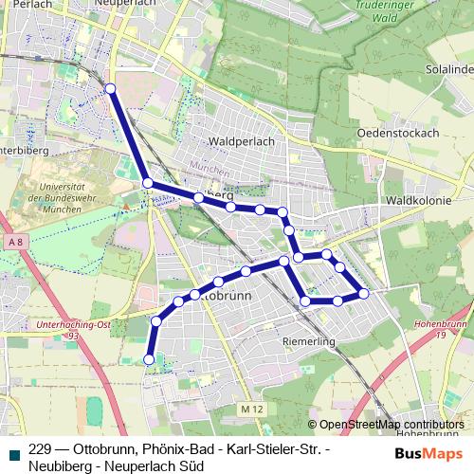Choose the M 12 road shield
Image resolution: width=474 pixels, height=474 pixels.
click(250, 409)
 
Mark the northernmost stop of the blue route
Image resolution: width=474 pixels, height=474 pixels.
click(110, 88)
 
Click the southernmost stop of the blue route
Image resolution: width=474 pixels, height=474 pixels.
click(149, 359)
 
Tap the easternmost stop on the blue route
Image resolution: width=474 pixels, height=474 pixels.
click(364, 294)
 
